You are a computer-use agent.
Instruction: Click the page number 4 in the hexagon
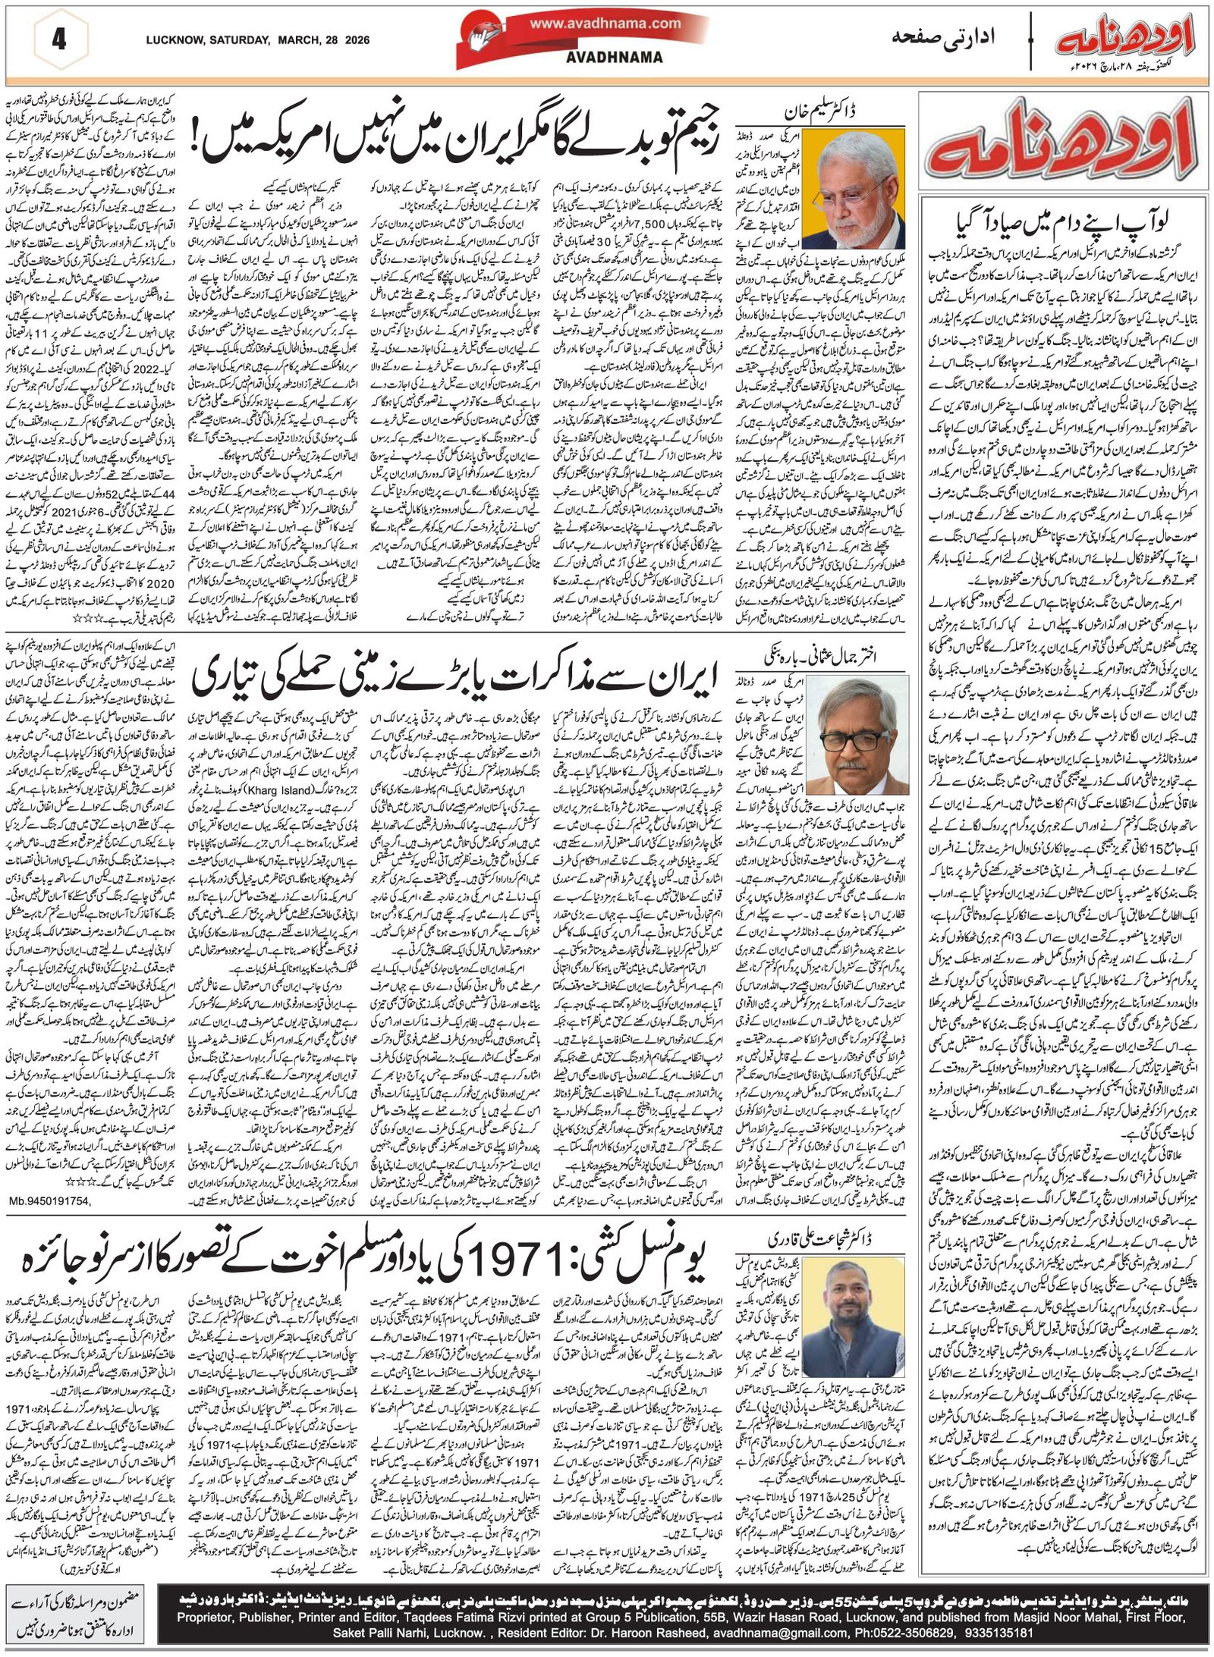pyautogui.click(x=58, y=39)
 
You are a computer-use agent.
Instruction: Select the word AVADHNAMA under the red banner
pyautogui.click(x=625, y=57)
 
